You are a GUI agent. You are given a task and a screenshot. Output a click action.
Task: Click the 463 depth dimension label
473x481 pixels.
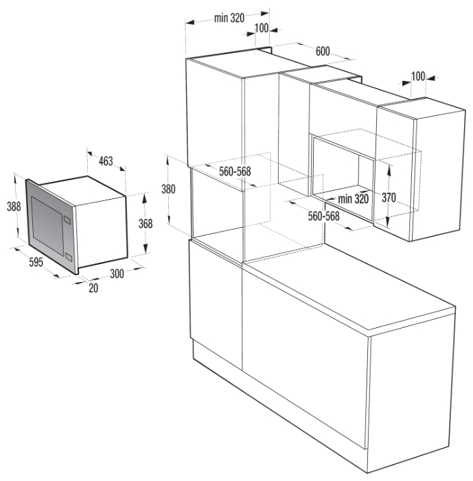[x=106, y=161]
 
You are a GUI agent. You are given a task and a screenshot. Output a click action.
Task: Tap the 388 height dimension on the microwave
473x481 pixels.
[x=14, y=206]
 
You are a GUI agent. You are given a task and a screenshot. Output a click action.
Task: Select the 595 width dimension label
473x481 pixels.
[x=36, y=262]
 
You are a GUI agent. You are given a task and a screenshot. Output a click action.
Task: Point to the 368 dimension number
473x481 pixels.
[x=146, y=224]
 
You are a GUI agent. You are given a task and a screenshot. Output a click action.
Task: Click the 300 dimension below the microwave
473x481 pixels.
[x=117, y=273]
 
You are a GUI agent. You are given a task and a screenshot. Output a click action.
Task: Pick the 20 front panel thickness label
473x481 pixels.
[x=93, y=288]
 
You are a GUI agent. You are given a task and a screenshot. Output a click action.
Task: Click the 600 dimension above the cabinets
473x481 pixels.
[x=323, y=51]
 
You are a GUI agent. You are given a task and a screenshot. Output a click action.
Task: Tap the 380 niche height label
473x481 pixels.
[x=168, y=189]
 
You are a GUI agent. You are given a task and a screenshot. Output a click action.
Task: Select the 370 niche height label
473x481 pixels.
[x=389, y=198]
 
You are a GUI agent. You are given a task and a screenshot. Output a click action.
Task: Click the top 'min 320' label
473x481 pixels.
[x=229, y=18]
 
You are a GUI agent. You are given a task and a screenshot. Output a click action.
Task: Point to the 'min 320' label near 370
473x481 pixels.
[x=353, y=199]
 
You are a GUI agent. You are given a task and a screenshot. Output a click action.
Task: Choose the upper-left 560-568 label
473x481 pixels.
[x=235, y=171]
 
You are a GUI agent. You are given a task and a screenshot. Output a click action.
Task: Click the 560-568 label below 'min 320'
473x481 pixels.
[x=324, y=216]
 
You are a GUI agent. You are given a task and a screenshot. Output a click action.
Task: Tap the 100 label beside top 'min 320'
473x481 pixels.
[x=262, y=28]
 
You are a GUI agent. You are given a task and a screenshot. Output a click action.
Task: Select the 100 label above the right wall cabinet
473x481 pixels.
[x=418, y=76]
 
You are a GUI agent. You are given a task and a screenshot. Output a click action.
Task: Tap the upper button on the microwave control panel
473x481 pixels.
[x=67, y=220]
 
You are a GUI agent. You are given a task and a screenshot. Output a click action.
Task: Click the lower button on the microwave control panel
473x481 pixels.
[x=69, y=257]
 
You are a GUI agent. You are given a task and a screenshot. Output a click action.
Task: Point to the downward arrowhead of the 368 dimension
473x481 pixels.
[x=146, y=248]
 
